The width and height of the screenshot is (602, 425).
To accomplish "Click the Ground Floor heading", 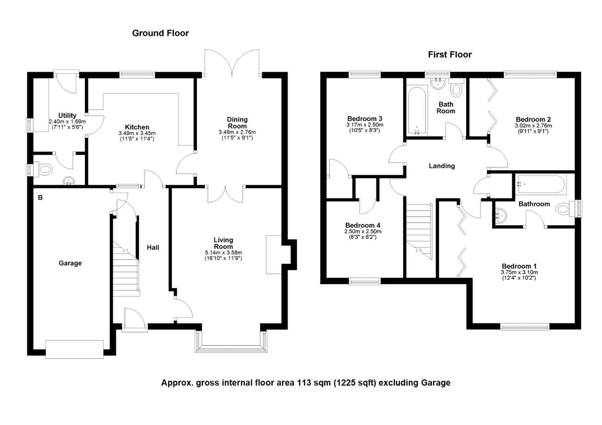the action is [x=160, y=33].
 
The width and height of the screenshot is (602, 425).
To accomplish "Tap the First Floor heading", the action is [x=450, y=55].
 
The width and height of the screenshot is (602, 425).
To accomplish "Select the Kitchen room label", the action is [x=137, y=127].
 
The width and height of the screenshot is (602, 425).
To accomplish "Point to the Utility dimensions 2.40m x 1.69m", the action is [x=67, y=122].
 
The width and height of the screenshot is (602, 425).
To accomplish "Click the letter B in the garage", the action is [x=40, y=198].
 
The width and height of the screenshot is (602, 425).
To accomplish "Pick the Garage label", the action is [x=70, y=263].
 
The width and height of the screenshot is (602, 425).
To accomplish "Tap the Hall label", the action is [x=153, y=248].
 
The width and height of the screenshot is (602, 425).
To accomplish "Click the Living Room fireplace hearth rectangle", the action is [x=273, y=255].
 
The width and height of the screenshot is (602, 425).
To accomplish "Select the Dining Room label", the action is [x=237, y=123].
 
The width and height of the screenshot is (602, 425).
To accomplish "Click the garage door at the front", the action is [x=74, y=349].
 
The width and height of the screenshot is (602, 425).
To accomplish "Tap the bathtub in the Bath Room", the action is [x=417, y=110].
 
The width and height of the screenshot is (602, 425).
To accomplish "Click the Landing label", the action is [x=442, y=166].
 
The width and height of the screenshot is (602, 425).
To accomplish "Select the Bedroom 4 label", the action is [x=363, y=225].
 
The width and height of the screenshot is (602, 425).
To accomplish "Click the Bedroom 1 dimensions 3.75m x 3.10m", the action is [x=519, y=272].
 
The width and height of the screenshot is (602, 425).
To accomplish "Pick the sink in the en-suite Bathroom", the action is [x=501, y=215].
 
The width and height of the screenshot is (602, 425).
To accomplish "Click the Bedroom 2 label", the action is [x=533, y=120].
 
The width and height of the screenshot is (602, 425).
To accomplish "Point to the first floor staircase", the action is [x=419, y=231].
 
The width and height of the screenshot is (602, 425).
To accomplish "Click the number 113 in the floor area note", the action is [x=302, y=382].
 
